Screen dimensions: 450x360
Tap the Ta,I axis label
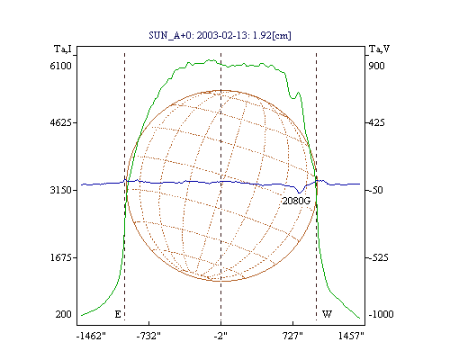pyautogui.click(x=63, y=49)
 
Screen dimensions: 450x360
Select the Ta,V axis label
pyautogui.click(x=379, y=49)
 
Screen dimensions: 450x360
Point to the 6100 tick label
pyautogui.click(x=60, y=66)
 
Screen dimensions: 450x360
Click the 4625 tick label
pyautogui.click(x=61, y=122)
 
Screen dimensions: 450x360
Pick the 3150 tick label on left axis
pyautogui.click(x=61, y=190)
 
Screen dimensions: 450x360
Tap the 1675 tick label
pyautogui.click(x=61, y=257)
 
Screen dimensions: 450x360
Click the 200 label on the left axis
pyautogui.click(x=63, y=314)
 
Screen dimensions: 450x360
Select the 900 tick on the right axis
pyautogui.click(x=376, y=66)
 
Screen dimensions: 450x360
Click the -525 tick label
pyautogui.click(x=378, y=257)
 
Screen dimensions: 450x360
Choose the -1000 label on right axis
pyautogui.click(x=381, y=314)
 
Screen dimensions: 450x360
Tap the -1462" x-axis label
pyautogui.click(x=91, y=336)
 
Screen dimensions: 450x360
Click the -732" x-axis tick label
pyautogui.click(x=148, y=336)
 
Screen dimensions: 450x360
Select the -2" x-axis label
pyautogui.click(x=220, y=336)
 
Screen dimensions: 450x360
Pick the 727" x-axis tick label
pyautogui.click(x=292, y=336)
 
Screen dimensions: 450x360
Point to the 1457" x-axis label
pyautogui.click(x=351, y=336)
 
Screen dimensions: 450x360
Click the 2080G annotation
pyautogui.click(x=296, y=201)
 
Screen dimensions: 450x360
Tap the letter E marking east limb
pyautogui.click(x=118, y=314)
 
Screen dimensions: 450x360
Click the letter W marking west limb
pyautogui.click(x=327, y=314)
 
